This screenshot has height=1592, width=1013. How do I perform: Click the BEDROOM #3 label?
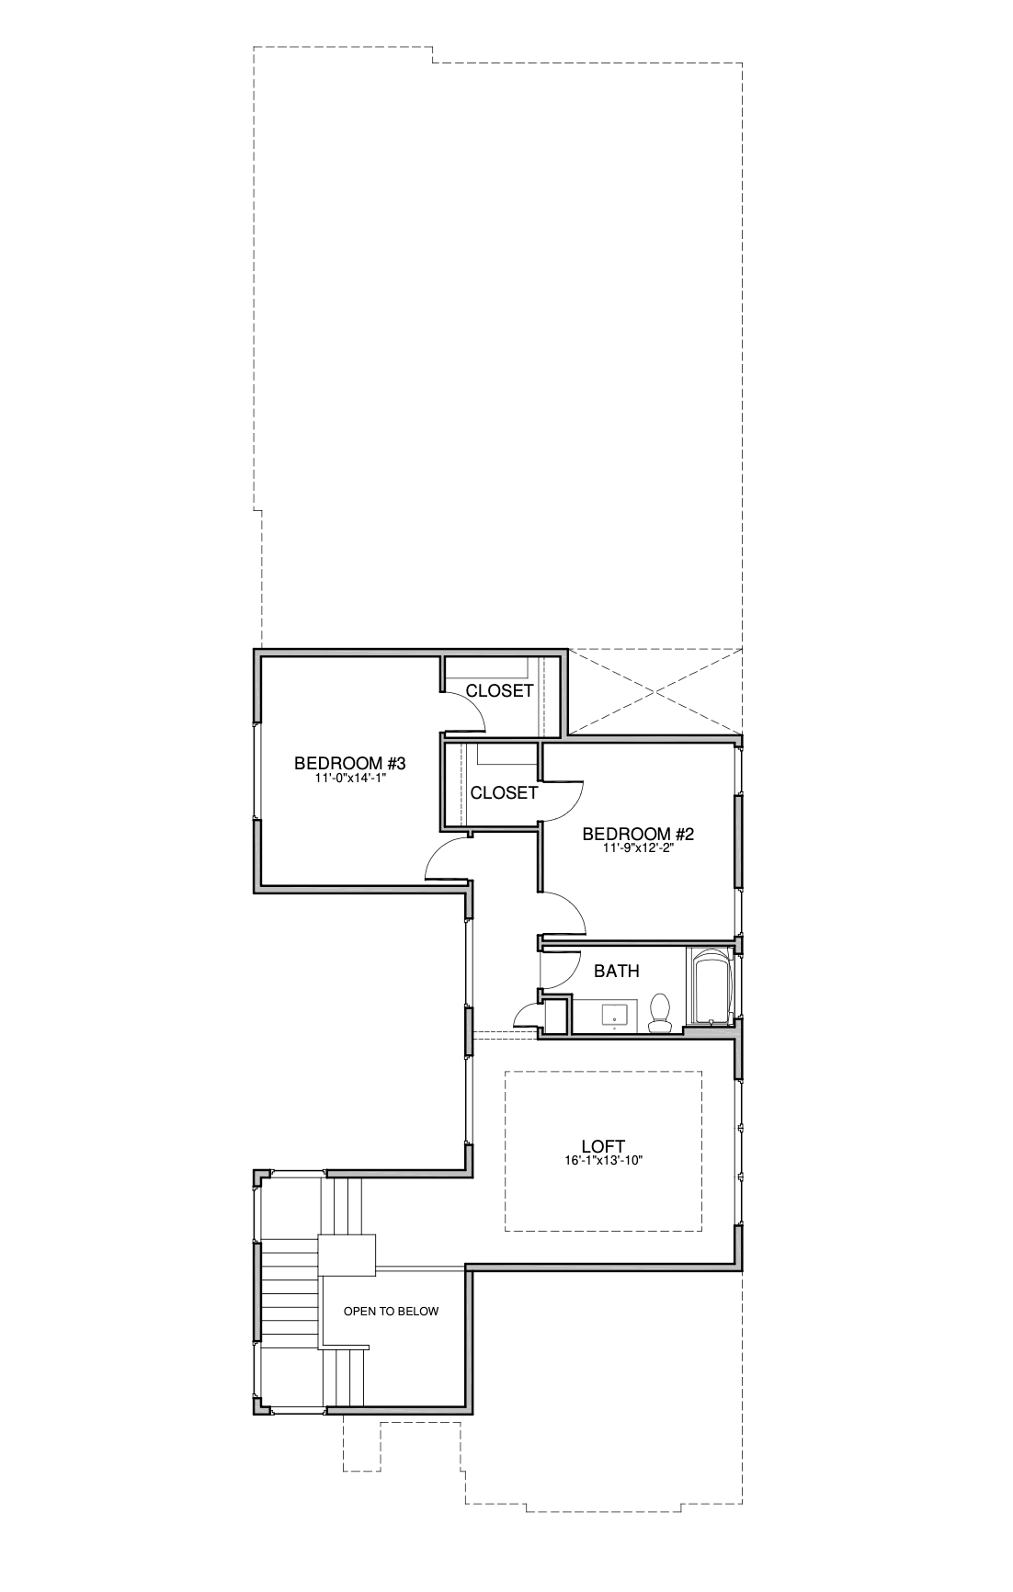pos(350,763)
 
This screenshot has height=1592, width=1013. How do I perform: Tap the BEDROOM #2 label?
pos(638,835)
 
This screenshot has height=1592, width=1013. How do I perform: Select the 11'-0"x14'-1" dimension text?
pos(350,778)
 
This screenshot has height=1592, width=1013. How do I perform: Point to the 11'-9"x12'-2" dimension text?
pos(638,849)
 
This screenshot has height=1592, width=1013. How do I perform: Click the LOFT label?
pos(603,1146)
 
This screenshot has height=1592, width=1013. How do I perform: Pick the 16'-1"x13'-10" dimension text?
pos(603,1161)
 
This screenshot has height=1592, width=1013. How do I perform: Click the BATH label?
pos(617,971)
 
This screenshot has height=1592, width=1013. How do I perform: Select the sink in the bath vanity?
pos(614,1016)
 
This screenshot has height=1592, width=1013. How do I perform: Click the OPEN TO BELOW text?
pos(391,1312)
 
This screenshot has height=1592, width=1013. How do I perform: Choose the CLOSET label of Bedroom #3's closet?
pos(500,690)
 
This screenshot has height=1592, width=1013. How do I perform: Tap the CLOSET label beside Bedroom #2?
pos(504,792)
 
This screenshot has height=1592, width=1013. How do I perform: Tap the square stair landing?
pos(347,1255)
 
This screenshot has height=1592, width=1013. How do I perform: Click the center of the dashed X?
pos(656,692)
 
